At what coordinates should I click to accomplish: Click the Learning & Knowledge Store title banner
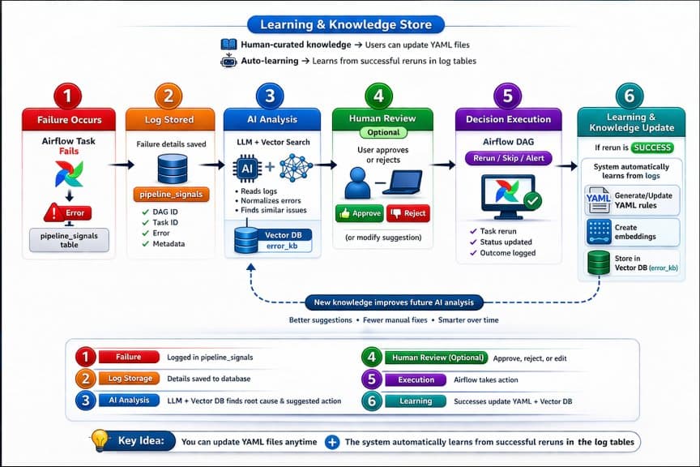pyautogui.click(x=351, y=24)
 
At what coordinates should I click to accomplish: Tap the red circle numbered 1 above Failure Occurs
pyautogui.click(x=68, y=96)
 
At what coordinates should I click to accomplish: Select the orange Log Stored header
pyautogui.click(x=169, y=119)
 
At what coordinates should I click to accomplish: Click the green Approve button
pyautogui.click(x=359, y=213)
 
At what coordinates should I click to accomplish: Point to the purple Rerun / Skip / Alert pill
pyautogui.click(x=506, y=159)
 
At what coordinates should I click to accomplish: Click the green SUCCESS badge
pyautogui.click(x=652, y=148)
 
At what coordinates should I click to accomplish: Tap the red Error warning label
pyautogui.click(x=69, y=213)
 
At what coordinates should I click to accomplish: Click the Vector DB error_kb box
pyautogui.click(x=272, y=240)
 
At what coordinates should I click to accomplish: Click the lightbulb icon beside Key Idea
pyautogui.click(x=100, y=440)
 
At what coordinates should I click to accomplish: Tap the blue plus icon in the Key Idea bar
pyautogui.click(x=332, y=443)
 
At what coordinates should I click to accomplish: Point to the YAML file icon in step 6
pyautogui.click(x=597, y=199)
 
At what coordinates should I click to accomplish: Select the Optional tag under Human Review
pyautogui.click(x=383, y=132)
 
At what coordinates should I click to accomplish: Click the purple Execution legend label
pyautogui.click(x=416, y=379)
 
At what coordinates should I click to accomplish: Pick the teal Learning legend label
pyautogui.click(x=416, y=401)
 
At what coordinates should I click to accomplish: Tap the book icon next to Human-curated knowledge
pyautogui.click(x=228, y=45)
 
